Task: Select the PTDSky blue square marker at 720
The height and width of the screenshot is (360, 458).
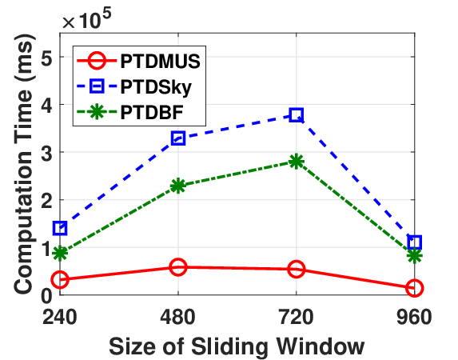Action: tap(297, 114)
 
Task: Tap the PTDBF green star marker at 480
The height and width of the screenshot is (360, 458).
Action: tap(178, 186)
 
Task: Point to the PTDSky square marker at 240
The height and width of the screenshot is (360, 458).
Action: tap(60, 228)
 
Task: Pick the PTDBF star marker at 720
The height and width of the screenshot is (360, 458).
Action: tap(297, 162)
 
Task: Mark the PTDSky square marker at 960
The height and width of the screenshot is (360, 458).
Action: tap(415, 242)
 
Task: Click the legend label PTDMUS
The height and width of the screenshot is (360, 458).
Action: tap(160, 61)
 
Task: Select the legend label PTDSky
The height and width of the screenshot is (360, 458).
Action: tap(156, 87)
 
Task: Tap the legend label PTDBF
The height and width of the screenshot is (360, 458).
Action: tap(152, 112)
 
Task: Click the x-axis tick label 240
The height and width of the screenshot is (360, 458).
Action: tap(60, 317)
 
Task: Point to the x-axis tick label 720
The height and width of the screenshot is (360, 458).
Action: tap(297, 317)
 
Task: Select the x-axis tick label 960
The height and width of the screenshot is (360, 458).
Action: tap(414, 317)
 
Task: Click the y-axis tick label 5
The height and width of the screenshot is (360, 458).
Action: tap(46, 57)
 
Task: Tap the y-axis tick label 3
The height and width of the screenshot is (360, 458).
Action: tap(46, 152)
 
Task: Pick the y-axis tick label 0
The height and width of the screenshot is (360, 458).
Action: tap(46, 295)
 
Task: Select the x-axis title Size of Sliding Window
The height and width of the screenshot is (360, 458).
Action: tap(237, 347)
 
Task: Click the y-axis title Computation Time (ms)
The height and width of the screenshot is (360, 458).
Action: tap(24, 164)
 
